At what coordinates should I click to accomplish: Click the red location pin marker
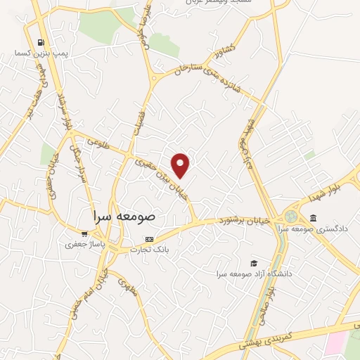(x=181, y=165)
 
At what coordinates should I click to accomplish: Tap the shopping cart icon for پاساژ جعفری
(x=84, y=233)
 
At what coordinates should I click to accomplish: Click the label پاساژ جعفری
(x=84, y=245)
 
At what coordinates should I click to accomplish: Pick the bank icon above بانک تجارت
(x=148, y=238)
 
